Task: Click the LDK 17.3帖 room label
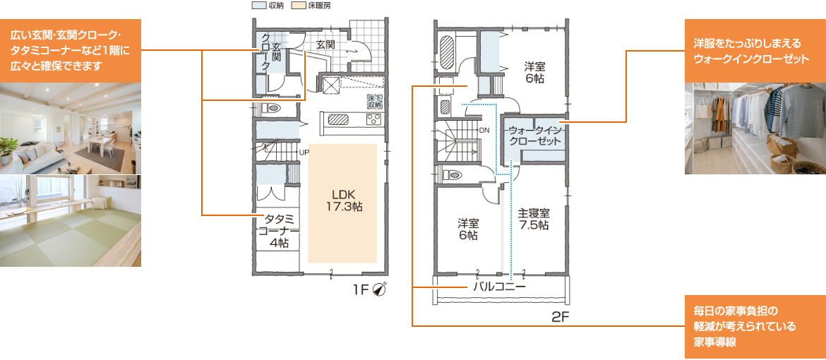(343, 200)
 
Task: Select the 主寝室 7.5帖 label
(534, 219)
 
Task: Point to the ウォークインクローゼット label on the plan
(534, 136)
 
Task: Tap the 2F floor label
(561, 318)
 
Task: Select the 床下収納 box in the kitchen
(375, 102)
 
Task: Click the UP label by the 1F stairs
(304, 153)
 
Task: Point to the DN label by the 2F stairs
(485, 129)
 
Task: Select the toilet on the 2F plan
(453, 174)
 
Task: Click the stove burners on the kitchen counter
(373, 119)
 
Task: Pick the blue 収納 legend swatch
(259, 6)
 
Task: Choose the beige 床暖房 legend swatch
(297, 6)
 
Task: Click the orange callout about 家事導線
(755, 328)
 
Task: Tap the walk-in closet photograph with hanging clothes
(755, 128)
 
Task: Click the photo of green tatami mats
(71, 221)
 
